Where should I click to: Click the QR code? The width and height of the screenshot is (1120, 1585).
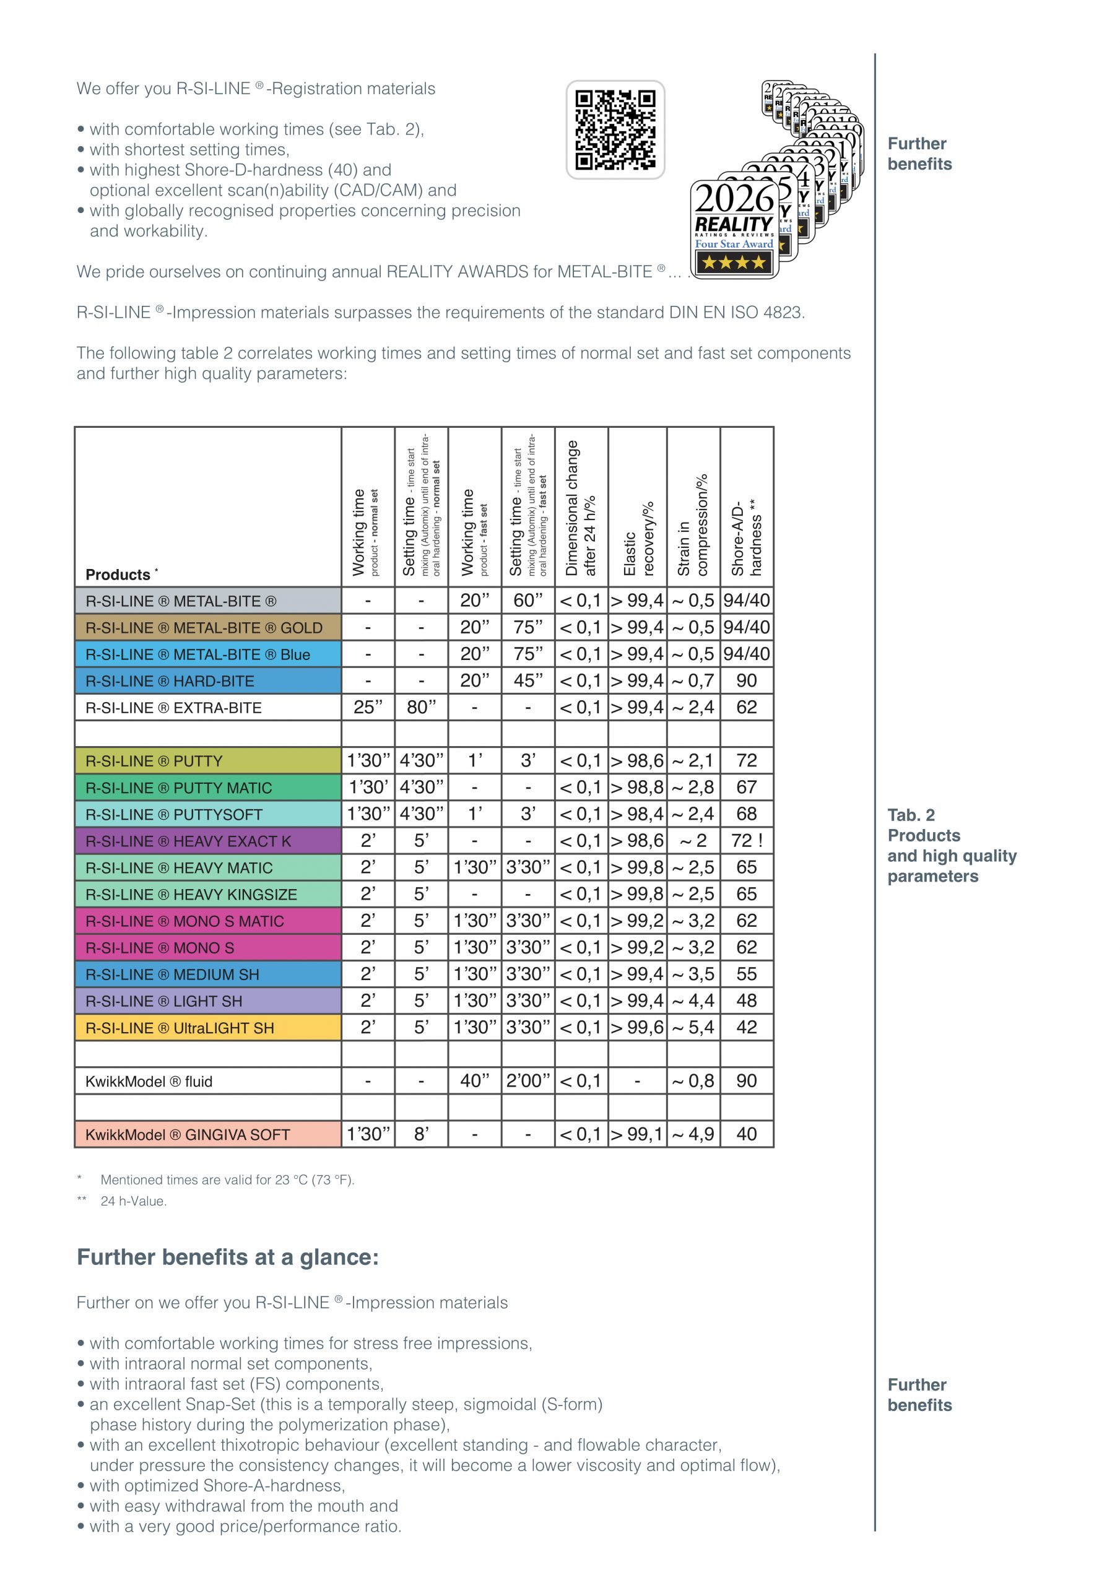[x=615, y=129]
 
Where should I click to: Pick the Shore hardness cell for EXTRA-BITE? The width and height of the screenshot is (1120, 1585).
[x=747, y=707]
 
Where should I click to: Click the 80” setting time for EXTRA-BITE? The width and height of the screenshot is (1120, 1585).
[x=421, y=707]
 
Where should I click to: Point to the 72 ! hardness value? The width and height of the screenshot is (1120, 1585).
[x=747, y=840]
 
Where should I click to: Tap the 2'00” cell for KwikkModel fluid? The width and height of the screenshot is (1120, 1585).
[x=528, y=1080]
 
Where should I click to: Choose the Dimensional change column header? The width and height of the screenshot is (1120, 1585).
[x=581, y=508]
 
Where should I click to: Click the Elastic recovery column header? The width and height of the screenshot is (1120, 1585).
[x=637, y=539]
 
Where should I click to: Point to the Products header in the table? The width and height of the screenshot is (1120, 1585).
[x=118, y=575]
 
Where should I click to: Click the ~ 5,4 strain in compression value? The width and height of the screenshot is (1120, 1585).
[x=693, y=1027]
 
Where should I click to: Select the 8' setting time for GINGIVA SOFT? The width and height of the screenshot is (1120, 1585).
[x=421, y=1134]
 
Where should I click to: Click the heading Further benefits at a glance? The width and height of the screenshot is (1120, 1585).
[x=228, y=1257]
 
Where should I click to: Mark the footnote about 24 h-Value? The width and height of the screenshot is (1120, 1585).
[x=133, y=1201]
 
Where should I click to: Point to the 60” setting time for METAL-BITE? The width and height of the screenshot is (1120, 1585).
[x=528, y=600]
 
